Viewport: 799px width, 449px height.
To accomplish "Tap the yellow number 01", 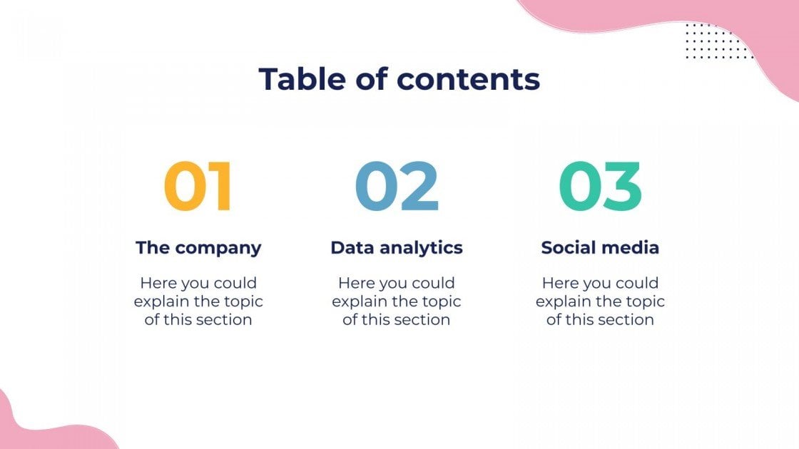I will (x=198, y=187).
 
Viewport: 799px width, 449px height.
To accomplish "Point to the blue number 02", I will (x=397, y=187).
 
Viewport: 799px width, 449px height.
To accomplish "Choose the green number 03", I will (x=600, y=187).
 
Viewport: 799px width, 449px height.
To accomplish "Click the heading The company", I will (x=198, y=248).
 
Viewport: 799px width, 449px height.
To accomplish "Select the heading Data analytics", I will (x=397, y=248).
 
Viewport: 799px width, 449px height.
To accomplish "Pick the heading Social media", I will (x=600, y=248).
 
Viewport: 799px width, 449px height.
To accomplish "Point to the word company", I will (x=218, y=249).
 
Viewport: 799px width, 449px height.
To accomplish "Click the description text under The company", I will (x=198, y=301).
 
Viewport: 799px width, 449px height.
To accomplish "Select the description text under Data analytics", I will (x=397, y=301).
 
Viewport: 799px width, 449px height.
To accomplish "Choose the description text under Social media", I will (x=600, y=301).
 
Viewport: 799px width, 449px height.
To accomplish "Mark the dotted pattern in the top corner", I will (x=717, y=41).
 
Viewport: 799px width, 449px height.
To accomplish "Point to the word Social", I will (x=568, y=248).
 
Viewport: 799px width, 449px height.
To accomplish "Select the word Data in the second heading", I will (x=352, y=248).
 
